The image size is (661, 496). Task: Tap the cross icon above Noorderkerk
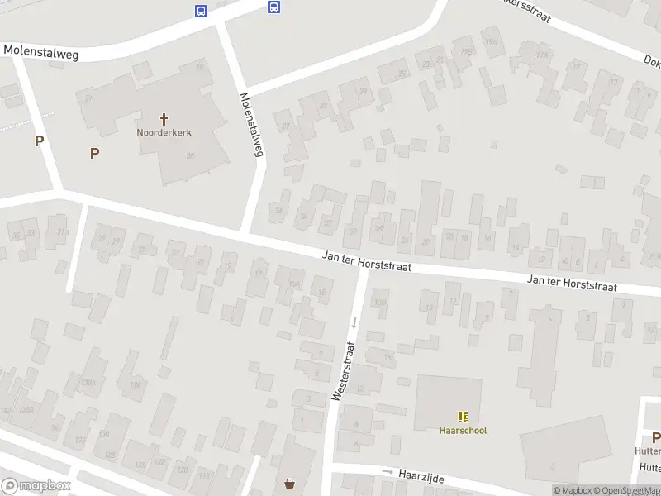point(164,119)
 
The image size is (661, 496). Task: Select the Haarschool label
point(463,430)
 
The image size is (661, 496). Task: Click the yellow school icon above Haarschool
point(463,417)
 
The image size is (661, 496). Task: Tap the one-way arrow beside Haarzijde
point(388,471)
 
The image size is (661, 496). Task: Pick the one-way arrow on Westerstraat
point(353,322)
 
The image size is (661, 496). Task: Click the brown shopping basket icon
point(290,484)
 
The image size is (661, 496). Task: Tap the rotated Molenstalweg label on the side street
point(252,124)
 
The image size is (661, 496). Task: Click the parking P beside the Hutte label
point(656,437)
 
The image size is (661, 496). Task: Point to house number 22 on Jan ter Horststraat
point(426,242)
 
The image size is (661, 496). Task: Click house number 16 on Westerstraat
point(388,356)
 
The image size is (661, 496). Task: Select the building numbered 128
point(159,461)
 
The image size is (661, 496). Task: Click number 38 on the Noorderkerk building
point(190,156)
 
